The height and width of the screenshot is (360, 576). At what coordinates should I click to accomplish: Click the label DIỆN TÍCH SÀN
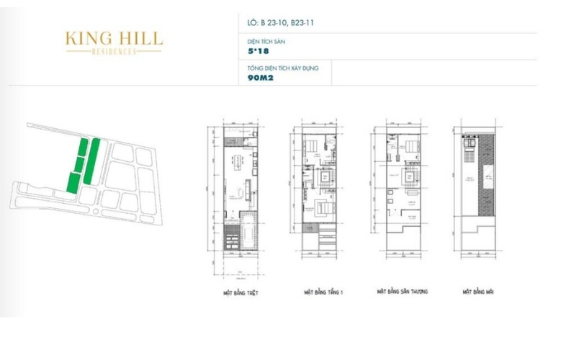[x=264, y=42]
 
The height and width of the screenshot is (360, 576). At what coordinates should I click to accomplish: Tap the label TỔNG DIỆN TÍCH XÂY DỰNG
[x=284, y=68]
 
